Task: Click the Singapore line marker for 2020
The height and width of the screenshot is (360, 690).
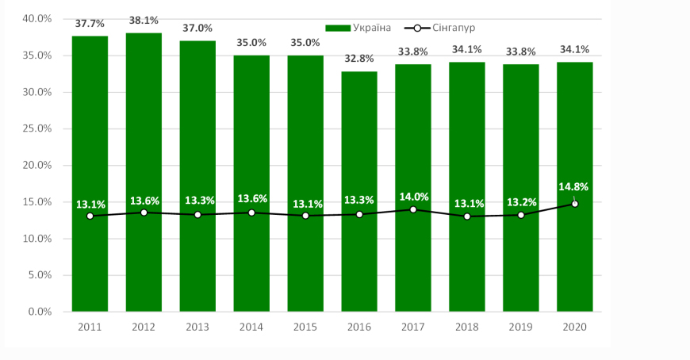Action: pyautogui.click(x=574, y=204)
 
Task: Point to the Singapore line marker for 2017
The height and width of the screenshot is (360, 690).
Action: pyautogui.click(x=413, y=209)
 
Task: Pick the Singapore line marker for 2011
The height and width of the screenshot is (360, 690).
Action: pyautogui.click(x=90, y=216)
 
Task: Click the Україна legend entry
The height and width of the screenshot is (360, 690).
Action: pyautogui.click(x=362, y=28)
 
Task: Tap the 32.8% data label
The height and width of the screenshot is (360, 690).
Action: pyautogui.click(x=359, y=59)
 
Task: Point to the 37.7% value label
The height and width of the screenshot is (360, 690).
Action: pyautogui.click(x=90, y=25)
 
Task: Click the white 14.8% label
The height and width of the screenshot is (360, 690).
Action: pyautogui.click(x=573, y=188)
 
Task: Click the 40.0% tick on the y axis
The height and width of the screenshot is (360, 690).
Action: pyautogui.click(x=36, y=19)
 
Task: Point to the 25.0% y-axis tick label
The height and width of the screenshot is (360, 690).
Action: pyautogui.click(x=36, y=128)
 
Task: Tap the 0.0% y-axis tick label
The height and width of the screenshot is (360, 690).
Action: pyautogui.click(x=39, y=312)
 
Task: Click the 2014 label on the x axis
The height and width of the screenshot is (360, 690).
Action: pyautogui.click(x=251, y=326)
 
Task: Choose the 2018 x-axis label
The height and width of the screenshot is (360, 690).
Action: pyautogui.click(x=466, y=326)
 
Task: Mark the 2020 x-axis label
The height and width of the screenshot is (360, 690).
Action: pyautogui.click(x=574, y=326)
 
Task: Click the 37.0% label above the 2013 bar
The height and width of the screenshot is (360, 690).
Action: pyautogui.click(x=197, y=29)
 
